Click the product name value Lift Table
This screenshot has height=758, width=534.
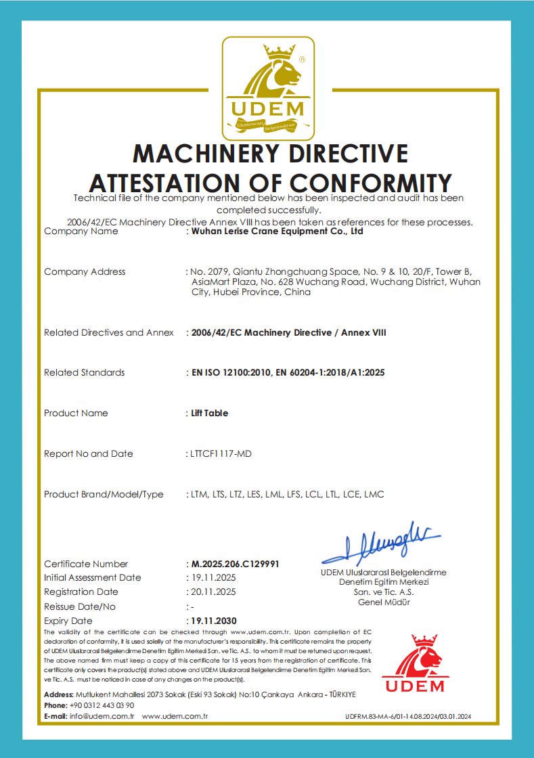(x=209, y=413)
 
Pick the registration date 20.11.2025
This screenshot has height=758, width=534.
(x=213, y=592)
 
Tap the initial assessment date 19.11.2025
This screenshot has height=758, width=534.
(x=213, y=578)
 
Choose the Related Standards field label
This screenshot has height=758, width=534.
(x=84, y=373)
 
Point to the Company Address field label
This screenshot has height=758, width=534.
(x=85, y=272)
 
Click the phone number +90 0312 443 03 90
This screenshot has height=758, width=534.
(x=102, y=705)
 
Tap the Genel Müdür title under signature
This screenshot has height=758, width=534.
(x=383, y=602)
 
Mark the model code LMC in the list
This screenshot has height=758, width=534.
(x=374, y=494)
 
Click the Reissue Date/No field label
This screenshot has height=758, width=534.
(x=80, y=606)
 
